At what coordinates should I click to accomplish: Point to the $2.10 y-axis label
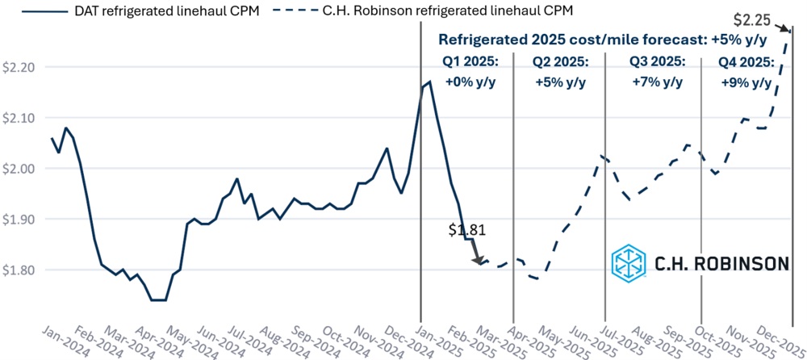point(18,118)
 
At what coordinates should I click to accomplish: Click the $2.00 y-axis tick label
point(18,169)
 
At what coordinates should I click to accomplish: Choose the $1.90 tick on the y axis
point(18,220)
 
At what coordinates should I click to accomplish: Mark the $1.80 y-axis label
point(18,270)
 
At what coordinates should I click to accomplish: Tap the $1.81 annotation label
point(467,229)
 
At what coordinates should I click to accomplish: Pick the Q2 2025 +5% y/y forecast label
point(560,71)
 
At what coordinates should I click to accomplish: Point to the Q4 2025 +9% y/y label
point(746,71)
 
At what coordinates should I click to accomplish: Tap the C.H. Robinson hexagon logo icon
point(629,262)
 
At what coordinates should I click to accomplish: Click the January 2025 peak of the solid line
point(430,81)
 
